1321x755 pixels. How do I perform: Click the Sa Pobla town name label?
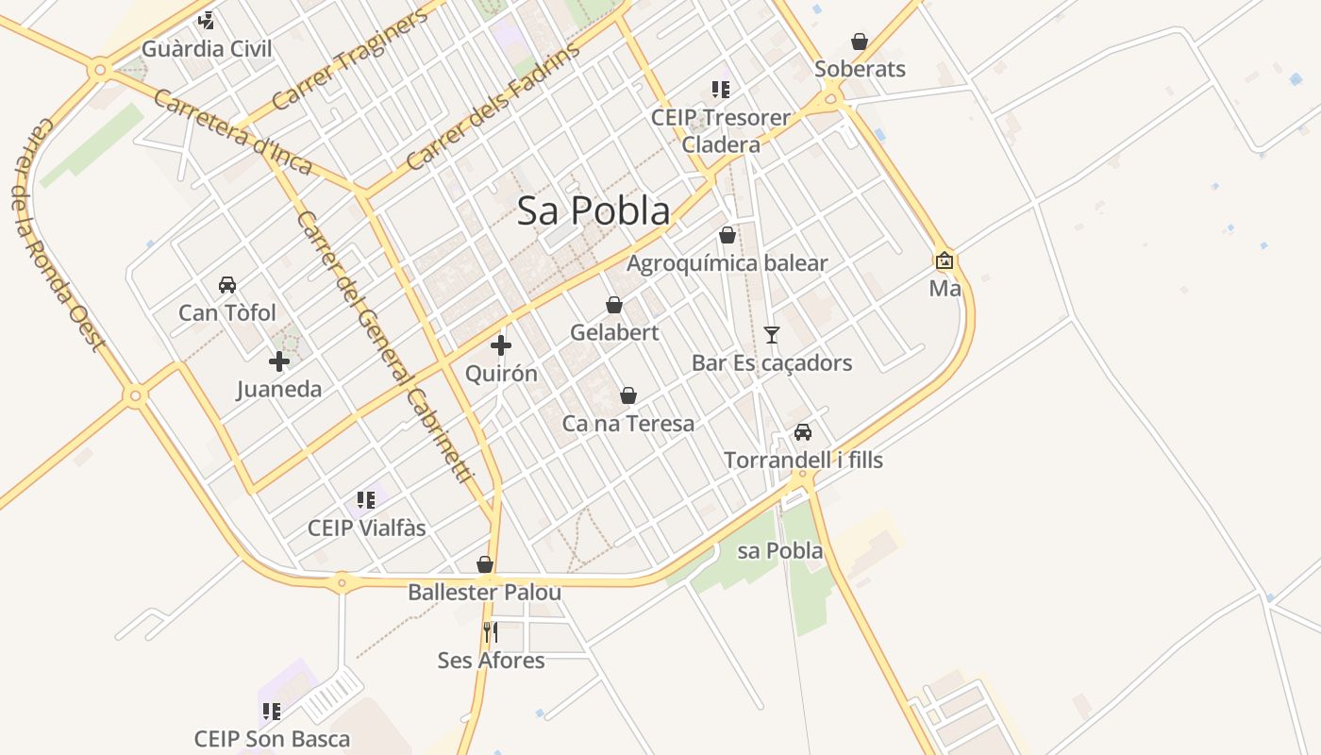[594, 211]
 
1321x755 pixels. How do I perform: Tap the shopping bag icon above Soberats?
[860, 42]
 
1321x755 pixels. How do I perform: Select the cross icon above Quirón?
[501, 345]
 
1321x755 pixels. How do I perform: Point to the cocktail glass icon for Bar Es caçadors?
[772, 334]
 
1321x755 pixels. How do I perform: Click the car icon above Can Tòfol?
[227, 284]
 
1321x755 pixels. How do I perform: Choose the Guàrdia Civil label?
[207, 49]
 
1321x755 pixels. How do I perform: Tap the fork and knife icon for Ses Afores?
[491, 631]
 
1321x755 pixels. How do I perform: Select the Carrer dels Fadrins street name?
[493, 109]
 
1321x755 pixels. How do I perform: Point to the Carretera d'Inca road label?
[232, 132]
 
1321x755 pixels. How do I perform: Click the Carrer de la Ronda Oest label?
[59, 235]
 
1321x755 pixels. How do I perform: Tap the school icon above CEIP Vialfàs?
[366, 500]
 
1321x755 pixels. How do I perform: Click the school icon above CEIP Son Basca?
[272, 711]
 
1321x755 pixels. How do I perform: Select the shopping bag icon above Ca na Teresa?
[628, 395]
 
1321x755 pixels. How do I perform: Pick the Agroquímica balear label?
[727, 263]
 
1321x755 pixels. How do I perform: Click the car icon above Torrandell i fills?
[803, 432]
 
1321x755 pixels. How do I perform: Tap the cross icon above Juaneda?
[279, 361]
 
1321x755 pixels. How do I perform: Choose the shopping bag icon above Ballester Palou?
[485, 564]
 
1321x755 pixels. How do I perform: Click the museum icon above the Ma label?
[945, 260]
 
